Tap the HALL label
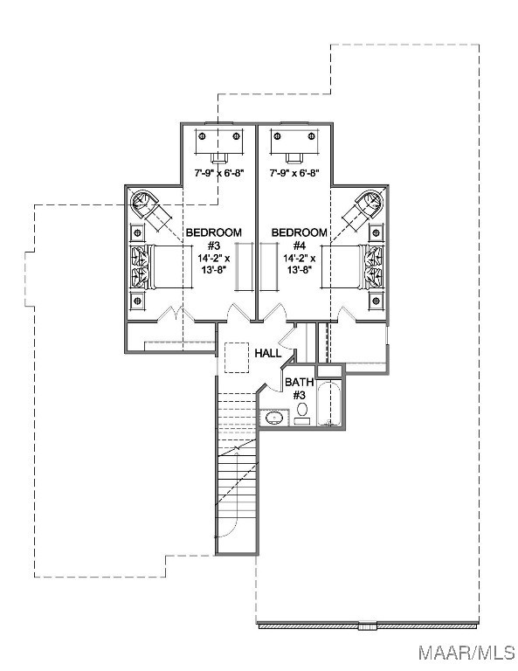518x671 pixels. [268, 353]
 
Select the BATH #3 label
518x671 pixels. [299, 388]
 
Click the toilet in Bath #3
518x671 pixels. [302, 412]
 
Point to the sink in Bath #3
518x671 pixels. [273, 418]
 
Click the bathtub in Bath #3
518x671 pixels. [329, 404]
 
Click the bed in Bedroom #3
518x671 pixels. [162, 267]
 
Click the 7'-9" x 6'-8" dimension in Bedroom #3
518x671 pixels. [219, 173]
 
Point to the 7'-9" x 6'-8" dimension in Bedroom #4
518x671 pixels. [294, 173]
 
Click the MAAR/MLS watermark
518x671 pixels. [466, 652]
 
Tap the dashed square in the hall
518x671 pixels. [237, 357]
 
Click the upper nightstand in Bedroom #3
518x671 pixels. [137, 232]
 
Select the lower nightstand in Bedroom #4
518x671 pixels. [376, 301]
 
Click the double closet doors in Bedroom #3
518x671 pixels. [176, 315]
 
